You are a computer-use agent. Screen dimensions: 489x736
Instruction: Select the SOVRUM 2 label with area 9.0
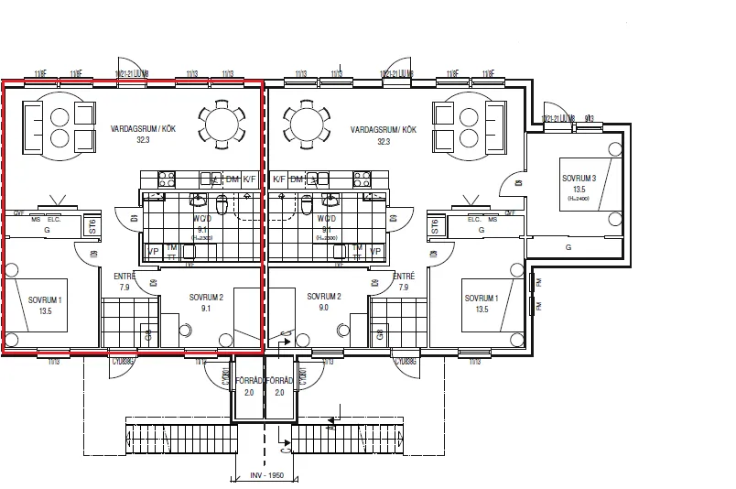click(324, 302)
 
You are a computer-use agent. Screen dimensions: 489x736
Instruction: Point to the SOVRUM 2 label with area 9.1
click(206, 302)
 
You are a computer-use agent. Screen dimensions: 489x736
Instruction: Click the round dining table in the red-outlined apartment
click(222, 122)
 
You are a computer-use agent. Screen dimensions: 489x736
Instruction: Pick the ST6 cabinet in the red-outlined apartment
click(92, 226)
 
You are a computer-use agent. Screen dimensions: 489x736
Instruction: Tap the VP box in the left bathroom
click(153, 251)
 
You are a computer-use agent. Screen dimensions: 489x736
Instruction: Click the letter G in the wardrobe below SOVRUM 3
click(568, 247)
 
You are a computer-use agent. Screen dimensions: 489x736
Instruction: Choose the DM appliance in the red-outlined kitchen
click(233, 179)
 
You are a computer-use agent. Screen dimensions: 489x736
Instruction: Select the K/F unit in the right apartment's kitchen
click(279, 179)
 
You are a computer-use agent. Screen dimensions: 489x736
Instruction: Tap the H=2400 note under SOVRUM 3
click(579, 198)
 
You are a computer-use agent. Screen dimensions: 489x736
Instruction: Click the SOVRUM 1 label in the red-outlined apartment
click(45, 305)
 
